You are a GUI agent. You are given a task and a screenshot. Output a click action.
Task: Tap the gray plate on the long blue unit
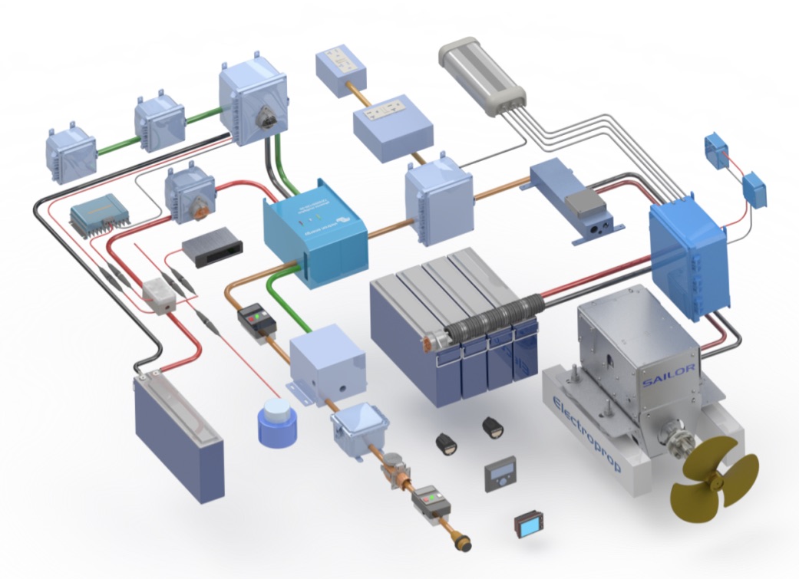[x=584, y=203]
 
